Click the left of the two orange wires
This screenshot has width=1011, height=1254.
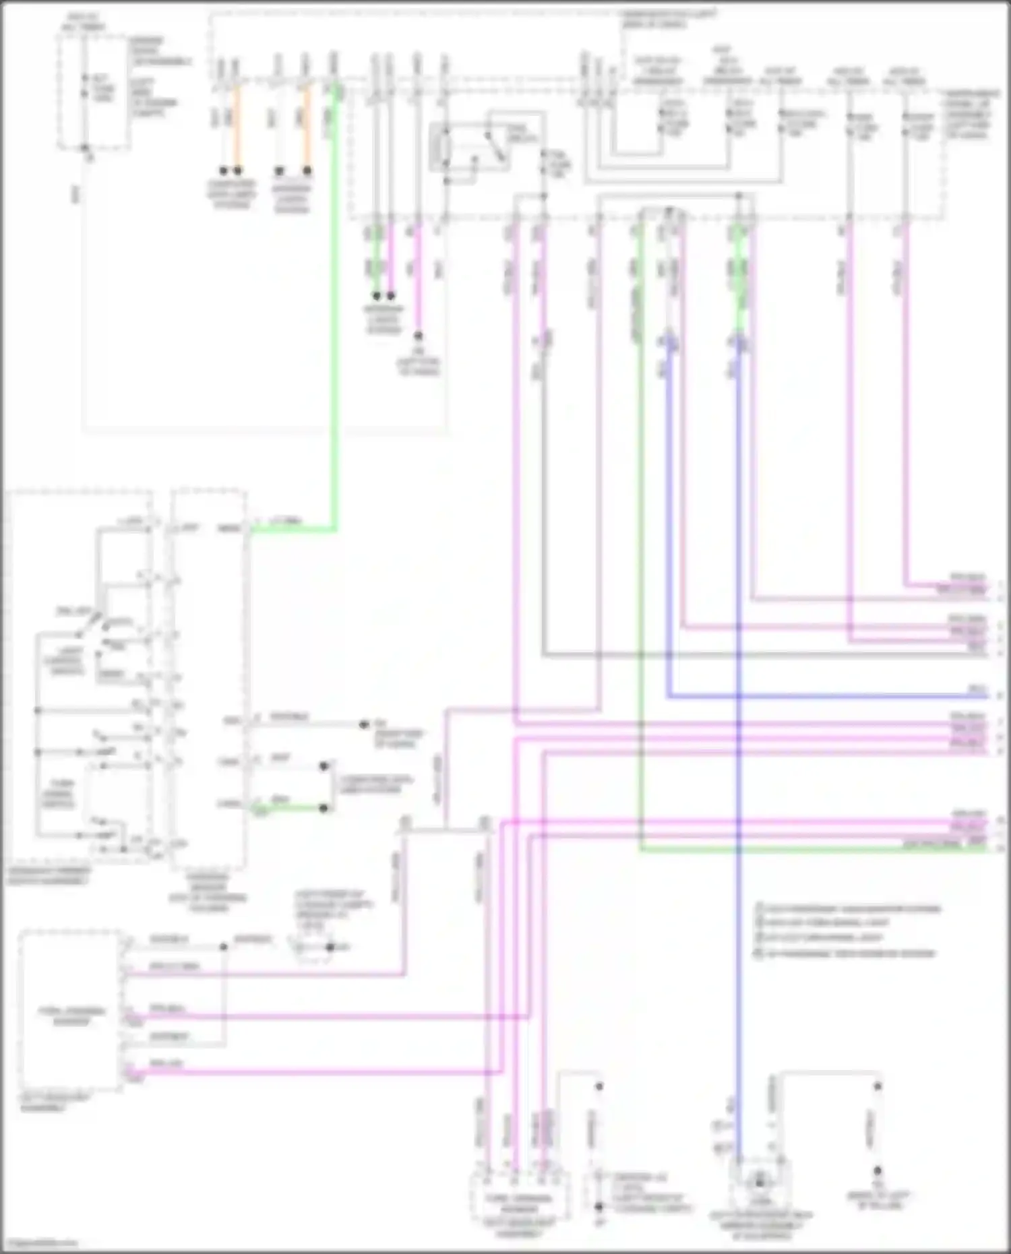pos(237,128)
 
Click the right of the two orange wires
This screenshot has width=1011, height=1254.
pos(307,128)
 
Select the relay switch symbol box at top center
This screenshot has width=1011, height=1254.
pos(470,146)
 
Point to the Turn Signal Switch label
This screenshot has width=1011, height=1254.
pos(58,794)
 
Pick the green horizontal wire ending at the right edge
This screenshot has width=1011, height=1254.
pos(809,850)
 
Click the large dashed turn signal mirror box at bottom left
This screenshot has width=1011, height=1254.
pos(71,1011)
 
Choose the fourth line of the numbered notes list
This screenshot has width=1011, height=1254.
pos(845,953)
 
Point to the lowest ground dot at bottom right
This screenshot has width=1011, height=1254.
pos(878,1171)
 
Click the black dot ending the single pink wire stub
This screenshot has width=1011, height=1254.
pos(418,336)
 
